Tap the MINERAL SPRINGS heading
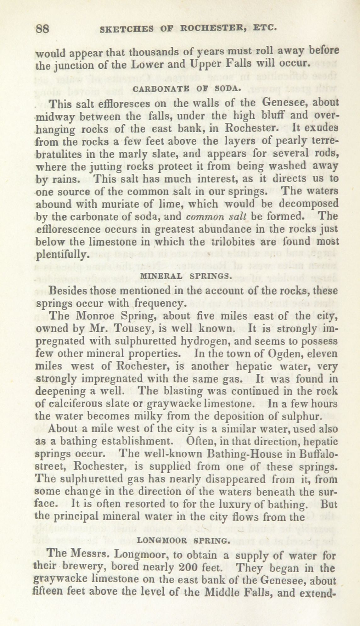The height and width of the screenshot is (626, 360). (186, 276)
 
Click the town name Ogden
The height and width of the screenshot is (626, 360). (284, 353)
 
